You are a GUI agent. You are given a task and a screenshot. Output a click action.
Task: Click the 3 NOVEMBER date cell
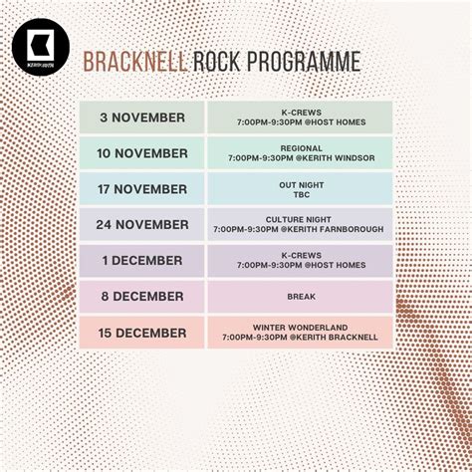point(141,118)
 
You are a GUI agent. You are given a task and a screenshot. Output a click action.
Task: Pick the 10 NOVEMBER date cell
point(141,153)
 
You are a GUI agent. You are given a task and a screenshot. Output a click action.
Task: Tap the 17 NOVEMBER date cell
point(141,189)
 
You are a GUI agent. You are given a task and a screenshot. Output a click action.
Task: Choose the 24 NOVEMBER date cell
point(141,225)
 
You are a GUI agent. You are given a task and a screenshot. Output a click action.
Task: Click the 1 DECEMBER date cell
point(141,261)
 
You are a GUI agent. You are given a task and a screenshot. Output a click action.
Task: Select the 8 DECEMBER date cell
point(141,297)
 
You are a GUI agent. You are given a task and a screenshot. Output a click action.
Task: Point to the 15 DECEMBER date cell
point(141,333)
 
